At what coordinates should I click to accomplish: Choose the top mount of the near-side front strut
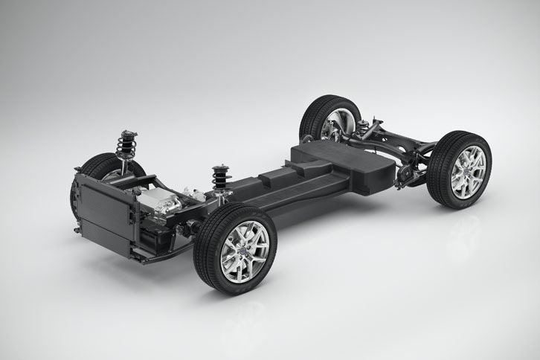tap(219, 167)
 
